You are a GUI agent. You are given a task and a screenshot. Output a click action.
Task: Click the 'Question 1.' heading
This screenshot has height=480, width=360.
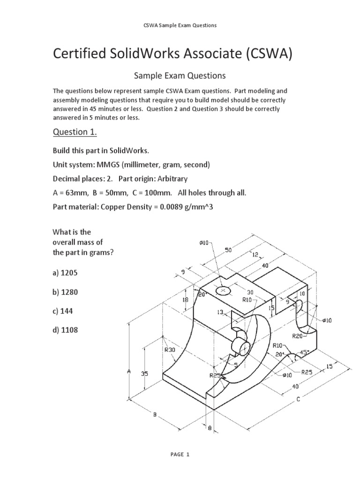(x=75, y=133)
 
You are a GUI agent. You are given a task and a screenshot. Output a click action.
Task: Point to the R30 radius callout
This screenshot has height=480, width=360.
(x=169, y=349)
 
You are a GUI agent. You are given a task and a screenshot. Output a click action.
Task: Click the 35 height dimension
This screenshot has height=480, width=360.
(x=144, y=374)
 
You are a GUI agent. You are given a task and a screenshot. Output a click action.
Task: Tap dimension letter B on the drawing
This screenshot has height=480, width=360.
(x=154, y=414)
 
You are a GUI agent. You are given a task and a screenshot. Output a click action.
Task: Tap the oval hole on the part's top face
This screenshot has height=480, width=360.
(x=224, y=291)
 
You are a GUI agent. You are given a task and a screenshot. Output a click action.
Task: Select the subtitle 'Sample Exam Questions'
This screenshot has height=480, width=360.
(x=180, y=75)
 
